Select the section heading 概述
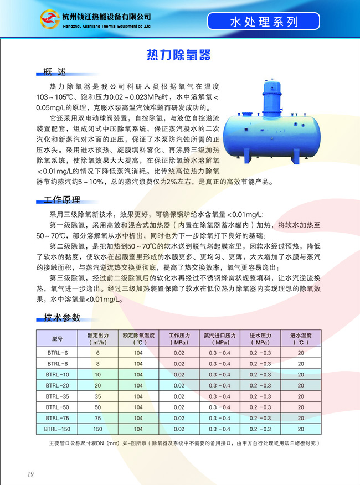pyautogui.click(x=55, y=72)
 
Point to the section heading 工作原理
pyautogui.click(x=62, y=200)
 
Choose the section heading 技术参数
pyautogui.click(x=62, y=317)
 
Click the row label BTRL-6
pyautogui.click(x=58, y=353)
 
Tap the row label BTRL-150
pyautogui.click(x=58, y=429)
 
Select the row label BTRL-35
pyautogui.click(x=58, y=396)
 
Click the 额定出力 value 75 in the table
pyautogui.click(x=97, y=418)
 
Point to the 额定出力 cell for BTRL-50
pyautogui.click(x=97, y=407)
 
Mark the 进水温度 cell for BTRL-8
pyautogui.click(x=301, y=364)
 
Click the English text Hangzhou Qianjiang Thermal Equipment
pyautogui.click(x=105, y=25)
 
